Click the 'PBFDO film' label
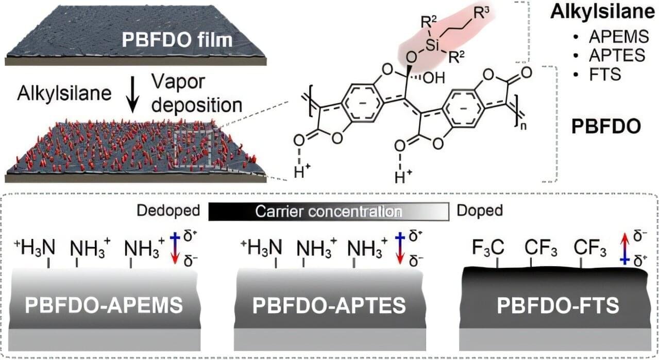[177, 40]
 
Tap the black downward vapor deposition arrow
[133, 94]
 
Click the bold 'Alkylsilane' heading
[604, 12]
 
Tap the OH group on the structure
[434, 78]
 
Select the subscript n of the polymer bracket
[523, 126]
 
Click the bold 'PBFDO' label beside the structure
[606, 127]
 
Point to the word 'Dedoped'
[168, 211]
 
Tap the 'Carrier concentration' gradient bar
[329, 212]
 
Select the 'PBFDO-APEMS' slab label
[104, 305]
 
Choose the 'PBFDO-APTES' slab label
[329, 305]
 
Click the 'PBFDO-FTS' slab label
[558, 305]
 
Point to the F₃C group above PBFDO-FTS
[488, 248]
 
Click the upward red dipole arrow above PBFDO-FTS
[625, 249]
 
